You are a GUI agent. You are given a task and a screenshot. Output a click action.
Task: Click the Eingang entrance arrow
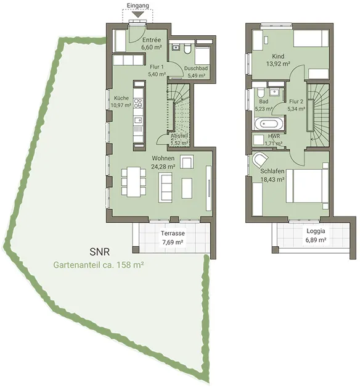(x=137, y=14)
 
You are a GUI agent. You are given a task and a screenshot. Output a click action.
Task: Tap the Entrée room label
(x=152, y=40)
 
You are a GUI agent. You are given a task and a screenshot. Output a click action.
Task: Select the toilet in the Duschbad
(x=187, y=49)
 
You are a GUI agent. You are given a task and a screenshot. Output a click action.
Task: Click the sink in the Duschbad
(x=176, y=47)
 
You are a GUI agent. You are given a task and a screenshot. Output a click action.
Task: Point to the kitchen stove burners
(x=138, y=103)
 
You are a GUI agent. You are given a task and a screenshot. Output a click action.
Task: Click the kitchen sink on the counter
(x=138, y=120)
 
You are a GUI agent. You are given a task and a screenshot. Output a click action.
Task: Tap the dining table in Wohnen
(x=133, y=181)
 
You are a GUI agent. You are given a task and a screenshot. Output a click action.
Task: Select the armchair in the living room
(x=187, y=162)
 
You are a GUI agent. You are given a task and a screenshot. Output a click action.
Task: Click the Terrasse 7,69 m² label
(x=173, y=238)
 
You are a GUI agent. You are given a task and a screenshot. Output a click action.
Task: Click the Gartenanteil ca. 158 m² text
(x=99, y=265)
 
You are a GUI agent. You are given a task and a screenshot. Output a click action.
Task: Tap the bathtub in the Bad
(x=269, y=123)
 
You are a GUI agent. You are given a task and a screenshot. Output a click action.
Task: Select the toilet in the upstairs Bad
(x=260, y=93)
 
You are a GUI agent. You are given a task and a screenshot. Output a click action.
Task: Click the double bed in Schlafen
(x=307, y=186)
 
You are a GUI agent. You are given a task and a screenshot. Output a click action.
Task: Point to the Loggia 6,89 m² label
(x=316, y=235)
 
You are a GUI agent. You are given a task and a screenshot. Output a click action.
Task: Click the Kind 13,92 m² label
(x=278, y=60)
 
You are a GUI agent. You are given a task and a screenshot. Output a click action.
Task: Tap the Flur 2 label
(x=296, y=101)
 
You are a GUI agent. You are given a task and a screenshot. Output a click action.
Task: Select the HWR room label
(x=274, y=136)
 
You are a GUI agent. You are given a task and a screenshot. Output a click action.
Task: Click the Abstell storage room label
(x=179, y=136)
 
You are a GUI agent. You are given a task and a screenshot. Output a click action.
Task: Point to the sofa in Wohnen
(x=165, y=188)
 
